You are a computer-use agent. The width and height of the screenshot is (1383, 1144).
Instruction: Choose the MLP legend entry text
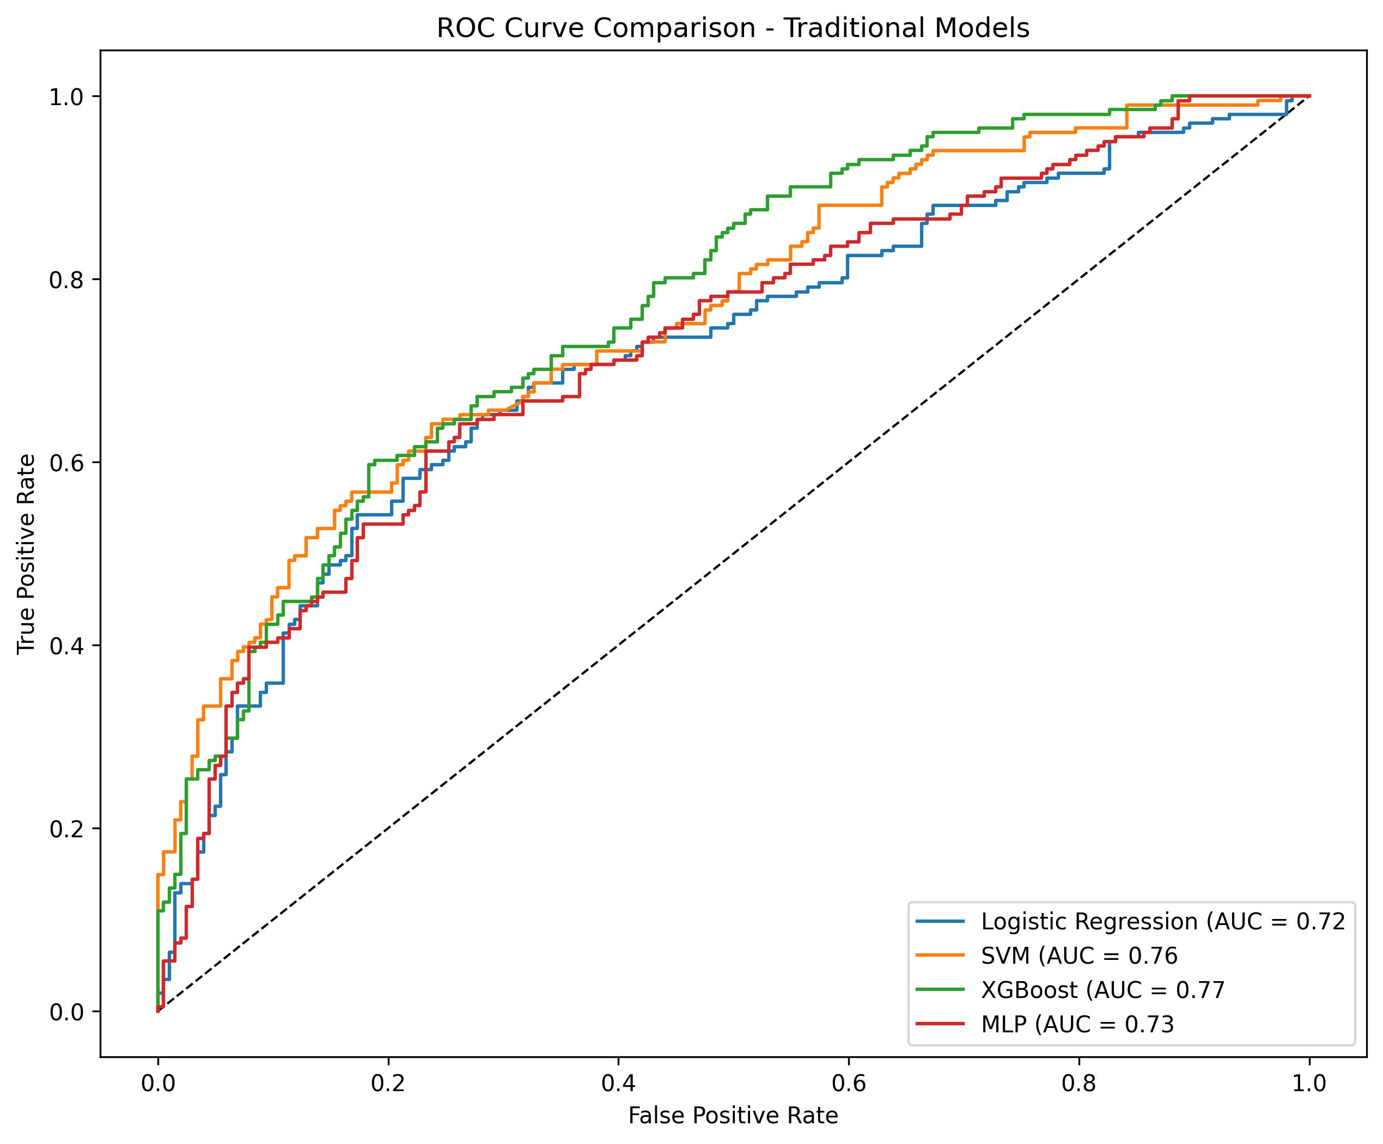click(1077, 1024)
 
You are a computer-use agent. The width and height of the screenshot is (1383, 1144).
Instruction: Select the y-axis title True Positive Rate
click(26, 553)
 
